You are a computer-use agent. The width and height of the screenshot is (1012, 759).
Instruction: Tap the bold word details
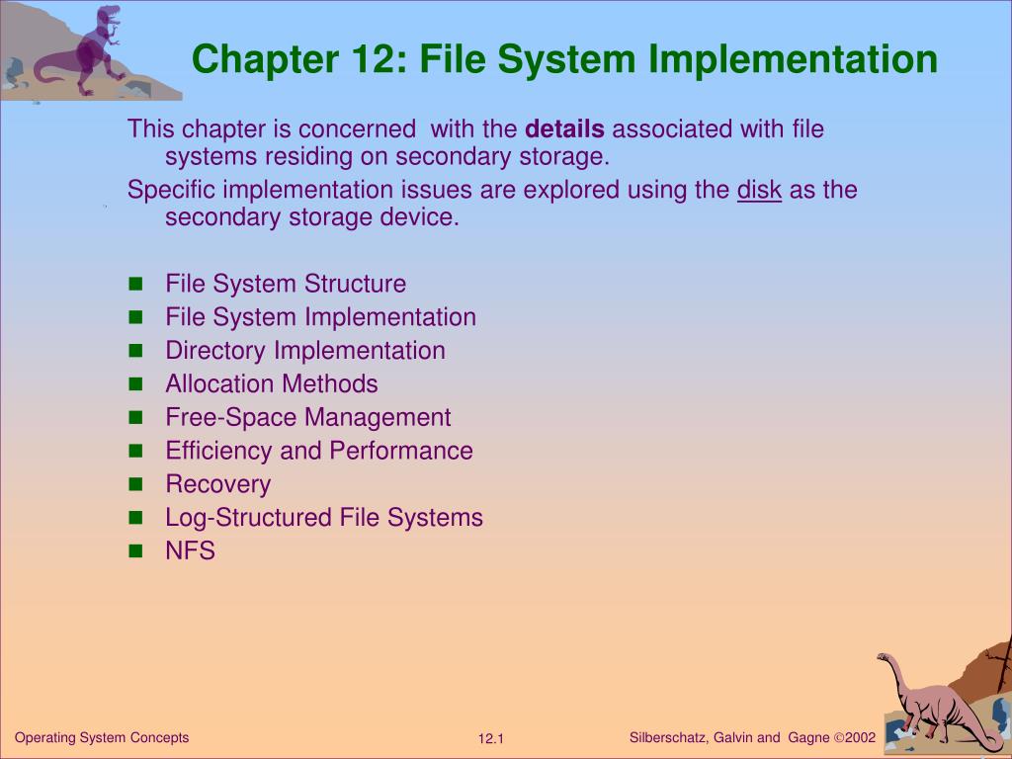coord(564,129)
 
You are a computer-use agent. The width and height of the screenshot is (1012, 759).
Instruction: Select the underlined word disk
coord(759,191)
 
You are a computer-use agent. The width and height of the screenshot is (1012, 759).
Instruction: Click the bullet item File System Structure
coord(286,285)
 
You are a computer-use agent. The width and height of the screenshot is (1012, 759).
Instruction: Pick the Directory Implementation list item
coord(305,351)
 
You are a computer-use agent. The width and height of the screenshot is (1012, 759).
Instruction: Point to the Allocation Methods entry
coord(272,384)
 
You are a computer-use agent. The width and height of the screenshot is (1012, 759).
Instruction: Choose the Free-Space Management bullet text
coord(308,418)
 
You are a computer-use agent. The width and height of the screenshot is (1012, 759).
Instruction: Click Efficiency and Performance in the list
coord(319,452)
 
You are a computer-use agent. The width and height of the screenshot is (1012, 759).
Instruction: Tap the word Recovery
coord(218,485)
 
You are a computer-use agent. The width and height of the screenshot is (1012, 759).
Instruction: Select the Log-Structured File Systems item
coord(324,518)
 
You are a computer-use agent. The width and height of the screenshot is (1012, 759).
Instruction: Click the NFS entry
coord(191,551)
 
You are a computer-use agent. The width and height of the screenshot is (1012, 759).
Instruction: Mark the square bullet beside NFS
coord(136,551)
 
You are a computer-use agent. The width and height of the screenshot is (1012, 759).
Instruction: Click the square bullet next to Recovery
coord(136,485)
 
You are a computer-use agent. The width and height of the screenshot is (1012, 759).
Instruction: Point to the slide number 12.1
coord(491,739)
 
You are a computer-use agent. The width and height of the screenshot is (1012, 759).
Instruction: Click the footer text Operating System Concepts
coord(102,738)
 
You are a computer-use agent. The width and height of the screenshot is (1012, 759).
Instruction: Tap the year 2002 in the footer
coord(861,738)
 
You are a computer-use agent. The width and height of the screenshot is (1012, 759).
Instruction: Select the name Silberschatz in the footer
coord(667,738)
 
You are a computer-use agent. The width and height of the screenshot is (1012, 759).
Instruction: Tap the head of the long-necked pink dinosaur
coord(885,658)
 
